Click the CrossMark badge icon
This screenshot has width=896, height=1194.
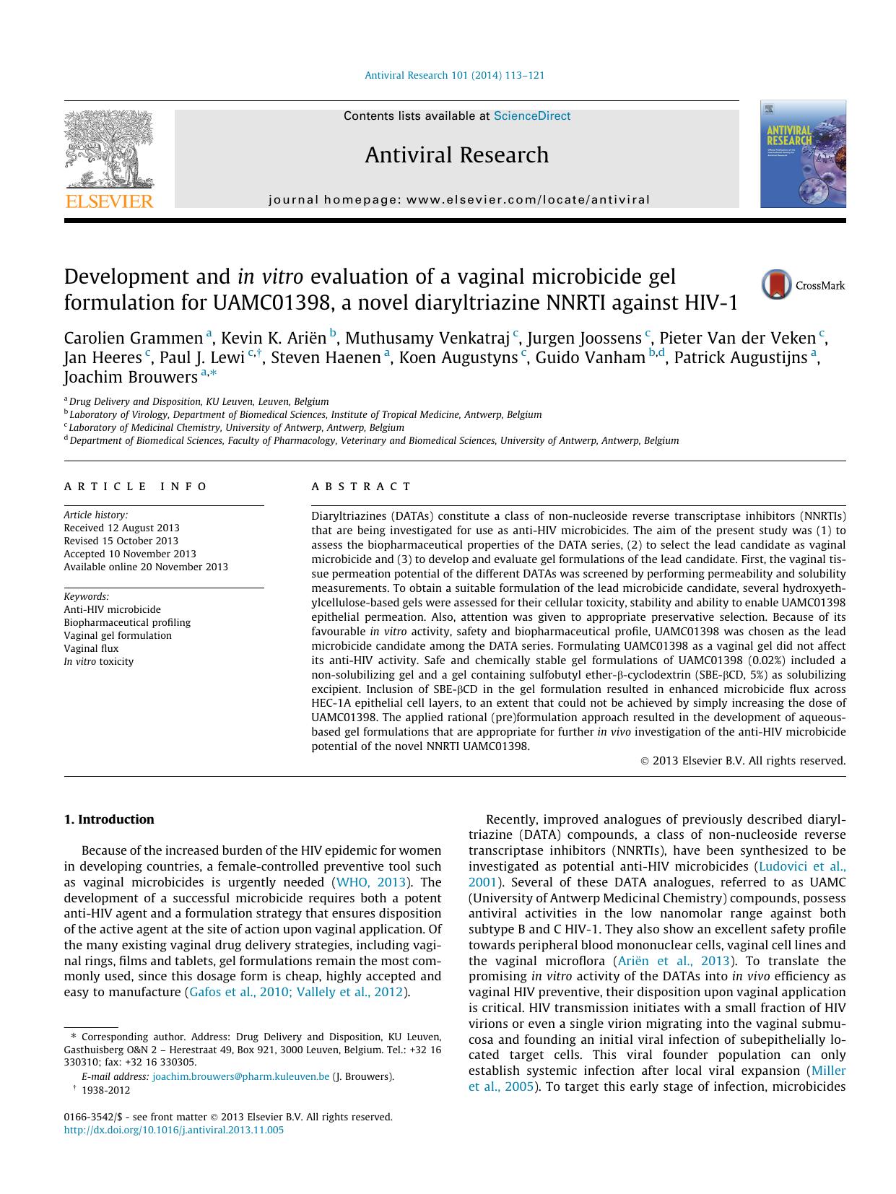pos(777,285)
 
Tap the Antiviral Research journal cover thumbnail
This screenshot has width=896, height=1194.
pos(802,154)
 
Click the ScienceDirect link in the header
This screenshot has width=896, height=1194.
pos(531,116)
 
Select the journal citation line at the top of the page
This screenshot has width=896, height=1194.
pos(454,75)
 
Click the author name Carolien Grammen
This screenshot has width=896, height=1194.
pos(134,339)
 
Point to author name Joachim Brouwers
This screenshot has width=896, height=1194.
pos(131,378)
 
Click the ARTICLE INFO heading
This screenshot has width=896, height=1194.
pos(136,487)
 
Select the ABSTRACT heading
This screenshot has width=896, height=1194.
pos(361,487)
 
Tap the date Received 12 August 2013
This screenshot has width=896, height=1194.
pos(121,528)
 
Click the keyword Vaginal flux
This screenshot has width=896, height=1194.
pos(91,648)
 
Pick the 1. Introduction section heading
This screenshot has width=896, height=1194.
pos(109,819)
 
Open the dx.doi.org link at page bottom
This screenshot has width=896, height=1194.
pos(174,1130)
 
